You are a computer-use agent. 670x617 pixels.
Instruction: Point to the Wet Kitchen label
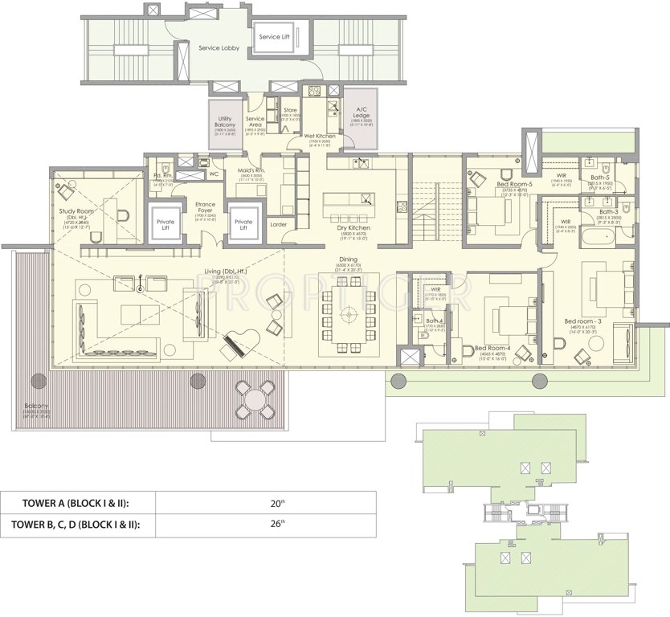click(x=319, y=137)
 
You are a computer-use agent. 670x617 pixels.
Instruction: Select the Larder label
click(x=279, y=225)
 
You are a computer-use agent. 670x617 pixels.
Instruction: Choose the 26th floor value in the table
click(x=277, y=525)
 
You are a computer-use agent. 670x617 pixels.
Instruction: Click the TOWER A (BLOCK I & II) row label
click(x=76, y=504)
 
